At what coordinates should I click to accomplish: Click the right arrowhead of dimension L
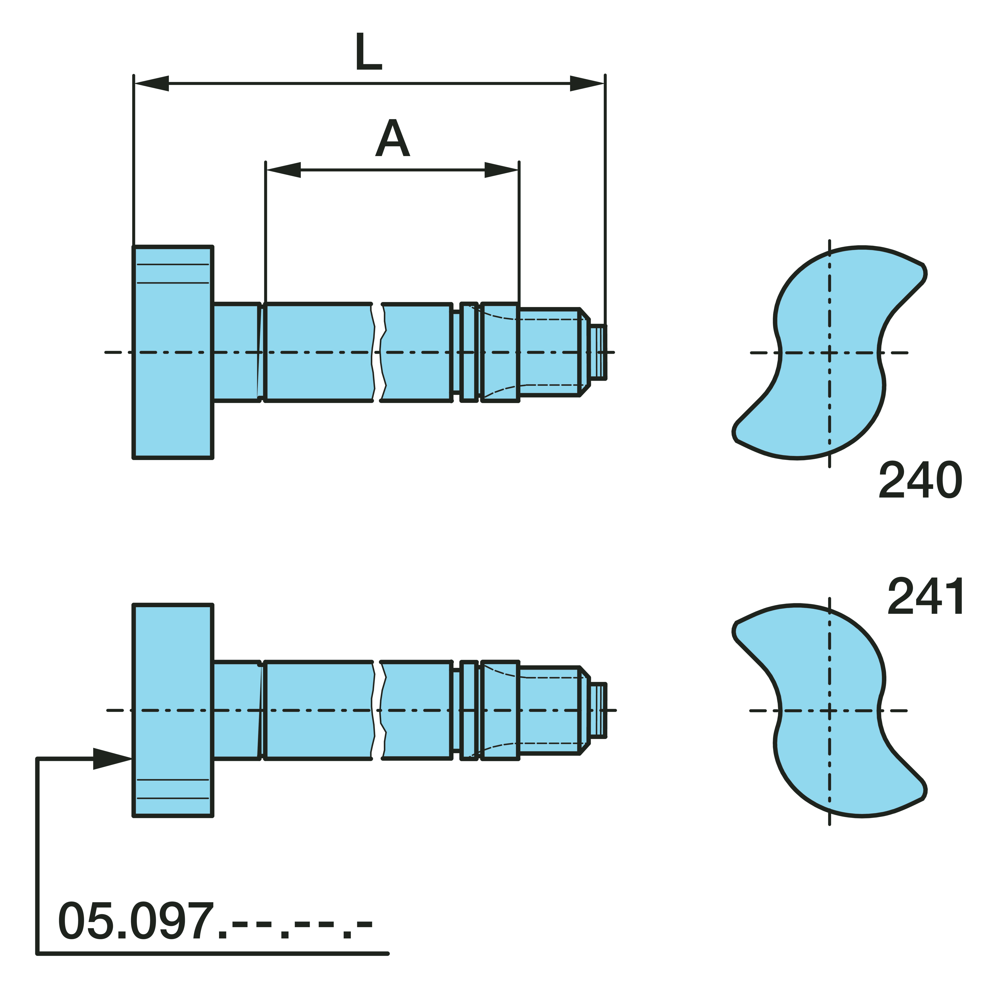(587, 83)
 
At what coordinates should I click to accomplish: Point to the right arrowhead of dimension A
(502, 170)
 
